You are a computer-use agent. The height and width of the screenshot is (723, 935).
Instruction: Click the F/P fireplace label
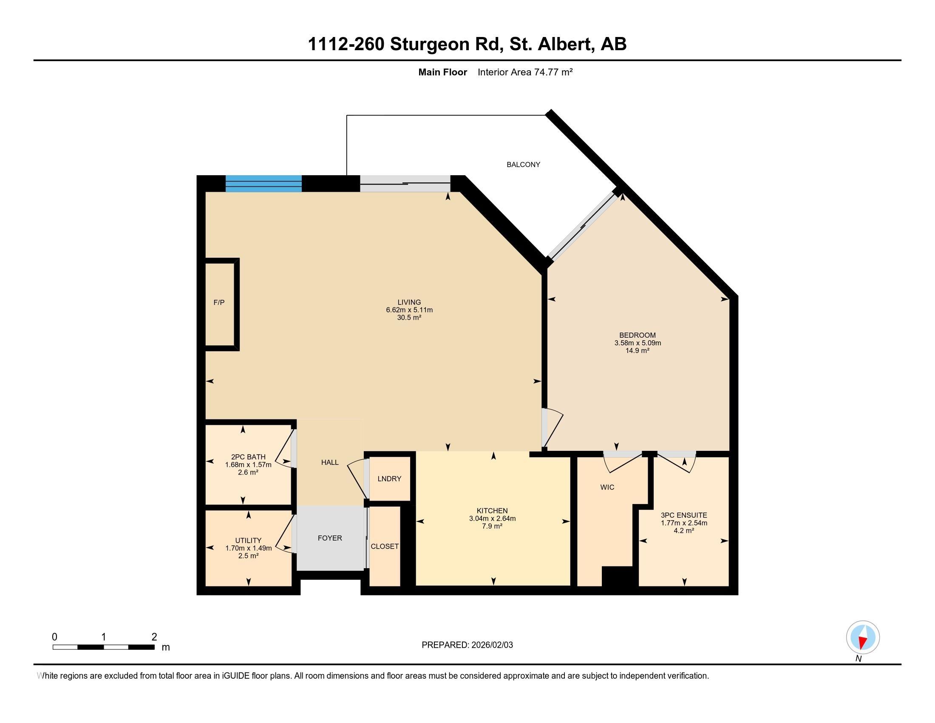tap(219, 302)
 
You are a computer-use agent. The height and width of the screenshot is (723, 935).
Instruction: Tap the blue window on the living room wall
tap(263, 183)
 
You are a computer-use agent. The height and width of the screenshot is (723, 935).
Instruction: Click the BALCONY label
tap(523, 165)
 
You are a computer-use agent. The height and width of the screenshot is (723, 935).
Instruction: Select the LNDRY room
tap(389, 478)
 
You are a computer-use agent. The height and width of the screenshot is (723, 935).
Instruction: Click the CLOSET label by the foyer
tap(385, 547)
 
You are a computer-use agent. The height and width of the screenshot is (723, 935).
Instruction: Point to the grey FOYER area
tap(330, 538)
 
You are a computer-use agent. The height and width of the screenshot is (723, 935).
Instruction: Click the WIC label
tap(607, 487)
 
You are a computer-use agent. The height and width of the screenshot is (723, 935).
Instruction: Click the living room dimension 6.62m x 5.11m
tap(409, 310)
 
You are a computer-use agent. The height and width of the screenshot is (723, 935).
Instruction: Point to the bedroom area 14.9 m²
tap(637, 350)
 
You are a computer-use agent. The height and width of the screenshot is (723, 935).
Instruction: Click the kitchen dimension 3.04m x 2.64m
tap(492, 518)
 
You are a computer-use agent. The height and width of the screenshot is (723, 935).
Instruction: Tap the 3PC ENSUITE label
tap(684, 515)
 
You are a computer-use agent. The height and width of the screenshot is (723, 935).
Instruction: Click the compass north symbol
tap(863, 638)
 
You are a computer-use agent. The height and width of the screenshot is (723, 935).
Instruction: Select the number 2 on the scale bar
tap(154, 637)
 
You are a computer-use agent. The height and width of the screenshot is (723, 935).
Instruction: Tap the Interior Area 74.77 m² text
tap(525, 72)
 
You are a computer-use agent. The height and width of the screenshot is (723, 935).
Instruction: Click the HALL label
tap(330, 462)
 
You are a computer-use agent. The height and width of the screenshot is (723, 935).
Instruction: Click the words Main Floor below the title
tap(442, 72)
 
